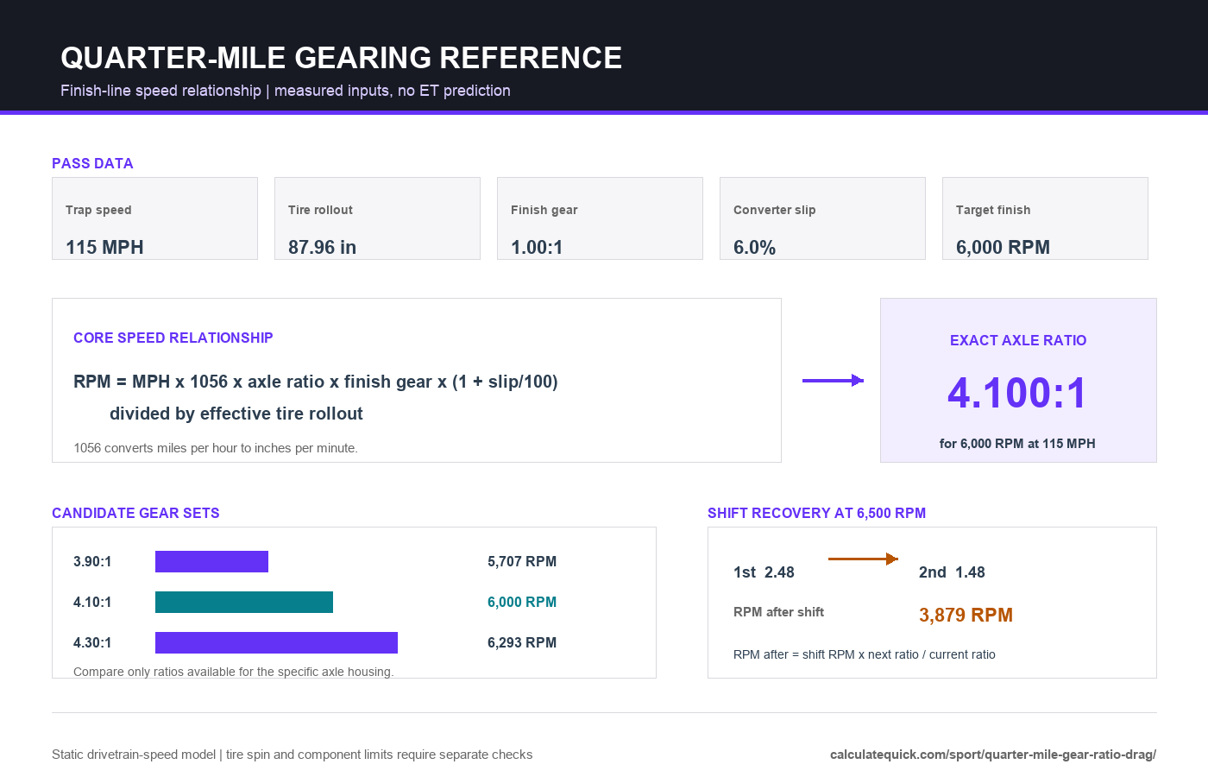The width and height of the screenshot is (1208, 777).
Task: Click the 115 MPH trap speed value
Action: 104,247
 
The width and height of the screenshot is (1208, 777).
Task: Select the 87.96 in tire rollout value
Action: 322,247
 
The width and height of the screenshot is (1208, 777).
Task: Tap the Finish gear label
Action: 544,210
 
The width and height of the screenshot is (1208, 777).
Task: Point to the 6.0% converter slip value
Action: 754,247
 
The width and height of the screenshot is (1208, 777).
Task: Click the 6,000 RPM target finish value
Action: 1003,247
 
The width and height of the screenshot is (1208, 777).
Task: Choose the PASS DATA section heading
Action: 92,163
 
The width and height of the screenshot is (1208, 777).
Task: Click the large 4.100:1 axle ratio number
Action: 1017,393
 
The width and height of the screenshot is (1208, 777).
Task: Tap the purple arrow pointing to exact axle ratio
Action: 834,381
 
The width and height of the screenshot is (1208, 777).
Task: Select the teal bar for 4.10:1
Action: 244,603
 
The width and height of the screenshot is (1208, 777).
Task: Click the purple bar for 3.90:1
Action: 212,561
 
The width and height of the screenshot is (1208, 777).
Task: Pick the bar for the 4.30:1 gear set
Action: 277,642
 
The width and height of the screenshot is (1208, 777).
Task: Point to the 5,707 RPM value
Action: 522,561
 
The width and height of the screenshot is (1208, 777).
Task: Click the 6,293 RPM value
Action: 522,642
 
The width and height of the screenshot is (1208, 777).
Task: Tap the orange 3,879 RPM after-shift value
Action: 966,615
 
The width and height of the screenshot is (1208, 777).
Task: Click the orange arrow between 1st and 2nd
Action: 864,559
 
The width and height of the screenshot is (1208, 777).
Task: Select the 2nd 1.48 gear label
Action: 952,572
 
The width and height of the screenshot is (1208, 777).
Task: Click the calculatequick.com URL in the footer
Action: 993,755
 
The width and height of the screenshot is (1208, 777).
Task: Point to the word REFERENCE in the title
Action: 531,58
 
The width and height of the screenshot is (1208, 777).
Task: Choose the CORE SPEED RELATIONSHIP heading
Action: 173,338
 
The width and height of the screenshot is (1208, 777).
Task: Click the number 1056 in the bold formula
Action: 209,382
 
